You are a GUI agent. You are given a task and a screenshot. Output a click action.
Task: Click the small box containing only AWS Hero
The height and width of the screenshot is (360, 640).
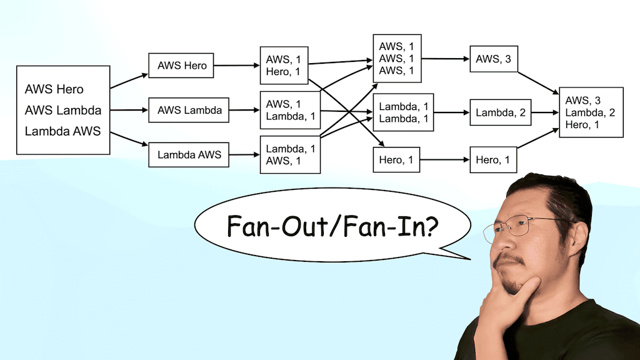coord(181,65)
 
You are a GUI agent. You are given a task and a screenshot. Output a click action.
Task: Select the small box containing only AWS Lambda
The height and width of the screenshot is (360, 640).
coord(189,110)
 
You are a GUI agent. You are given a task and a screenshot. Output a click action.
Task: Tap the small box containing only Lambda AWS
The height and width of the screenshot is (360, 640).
coord(189,155)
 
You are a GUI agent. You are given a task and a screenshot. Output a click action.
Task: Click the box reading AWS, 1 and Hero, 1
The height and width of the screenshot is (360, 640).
coord(284,65)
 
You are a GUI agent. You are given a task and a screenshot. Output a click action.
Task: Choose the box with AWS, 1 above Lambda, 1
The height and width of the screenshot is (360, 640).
coord(290,110)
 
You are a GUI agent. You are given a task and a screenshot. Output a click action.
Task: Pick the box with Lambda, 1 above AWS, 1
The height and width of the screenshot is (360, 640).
coord(290,155)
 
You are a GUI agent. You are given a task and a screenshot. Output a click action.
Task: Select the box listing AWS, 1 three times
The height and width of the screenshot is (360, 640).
coord(396,59)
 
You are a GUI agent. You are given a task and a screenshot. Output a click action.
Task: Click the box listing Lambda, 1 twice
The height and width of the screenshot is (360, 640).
coord(403,113)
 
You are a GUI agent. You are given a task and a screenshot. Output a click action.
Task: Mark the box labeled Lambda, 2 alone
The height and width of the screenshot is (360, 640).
coord(501,113)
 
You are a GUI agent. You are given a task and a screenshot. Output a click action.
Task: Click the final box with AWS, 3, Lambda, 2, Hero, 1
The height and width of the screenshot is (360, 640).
coord(591,112)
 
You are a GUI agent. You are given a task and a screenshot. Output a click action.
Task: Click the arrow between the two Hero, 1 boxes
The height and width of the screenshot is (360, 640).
coord(445,161)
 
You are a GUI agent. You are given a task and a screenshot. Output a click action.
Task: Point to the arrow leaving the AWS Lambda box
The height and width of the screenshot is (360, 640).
coord(244,110)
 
